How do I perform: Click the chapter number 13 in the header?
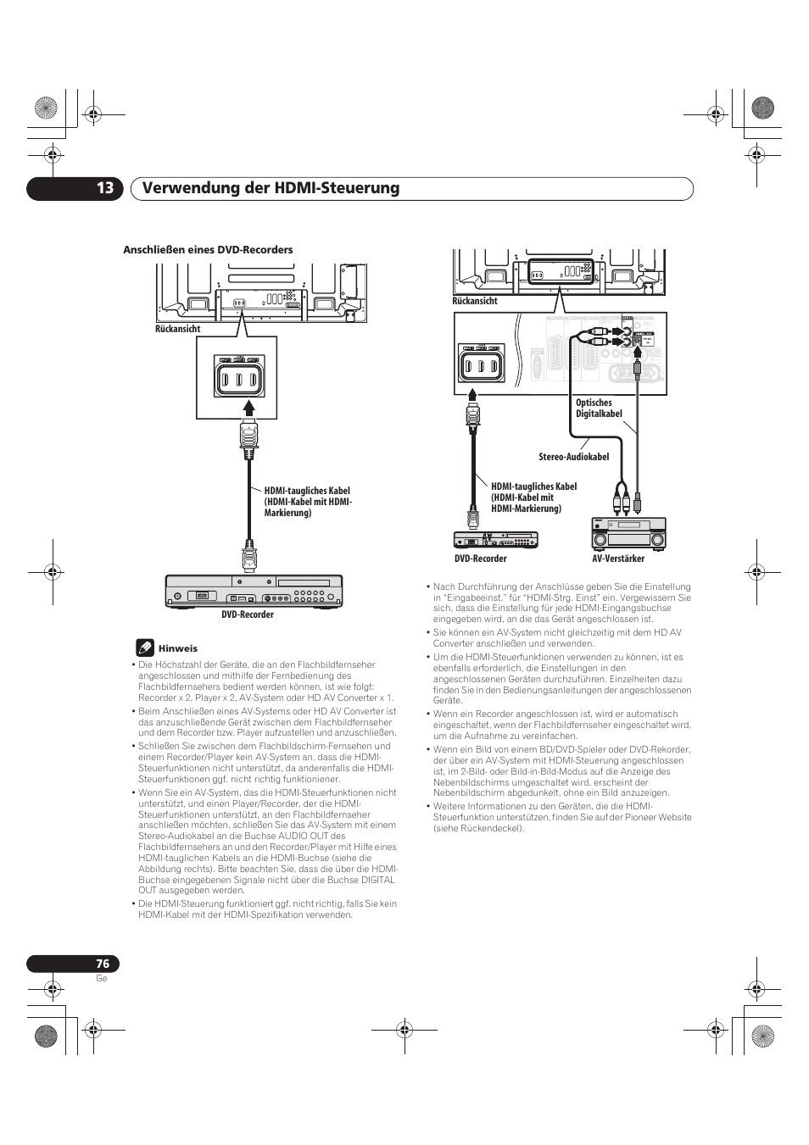(x=103, y=188)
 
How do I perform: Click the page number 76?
(x=103, y=964)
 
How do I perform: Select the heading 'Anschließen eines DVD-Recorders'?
(x=208, y=250)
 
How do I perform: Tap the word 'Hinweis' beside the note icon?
(x=184, y=648)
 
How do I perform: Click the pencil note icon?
(x=145, y=648)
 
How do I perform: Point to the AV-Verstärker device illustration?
(x=628, y=534)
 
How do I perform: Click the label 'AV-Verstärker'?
(x=617, y=559)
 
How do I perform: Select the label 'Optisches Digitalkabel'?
(x=599, y=409)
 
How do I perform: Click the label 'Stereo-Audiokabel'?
(x=573, y=457)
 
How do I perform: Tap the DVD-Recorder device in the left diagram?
(x=254, y=591)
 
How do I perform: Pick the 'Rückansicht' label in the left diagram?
(x=177, y=330)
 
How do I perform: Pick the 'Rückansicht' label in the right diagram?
(x=474, y=301)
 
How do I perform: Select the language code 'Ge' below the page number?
(x=101, y=978)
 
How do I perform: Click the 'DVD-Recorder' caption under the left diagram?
(x=248, y=614)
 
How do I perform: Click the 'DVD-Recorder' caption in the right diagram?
(x=480, y=559)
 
